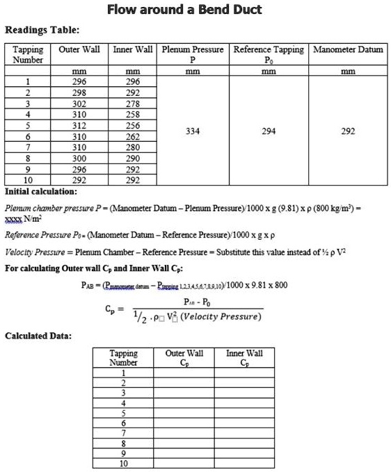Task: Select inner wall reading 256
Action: [x=132, y=125]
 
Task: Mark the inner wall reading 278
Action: [x=132, y=102]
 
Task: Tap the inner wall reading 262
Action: [x=132, y=136]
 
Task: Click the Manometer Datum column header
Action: [x=348, y=49]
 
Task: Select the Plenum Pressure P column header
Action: [x=192, y=54]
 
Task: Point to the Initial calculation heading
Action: [x=41, y=190]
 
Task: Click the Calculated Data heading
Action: [x=38, y=336]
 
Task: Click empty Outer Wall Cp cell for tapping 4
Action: [x=184, y=402]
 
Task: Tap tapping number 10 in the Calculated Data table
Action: [x=124, y=463]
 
